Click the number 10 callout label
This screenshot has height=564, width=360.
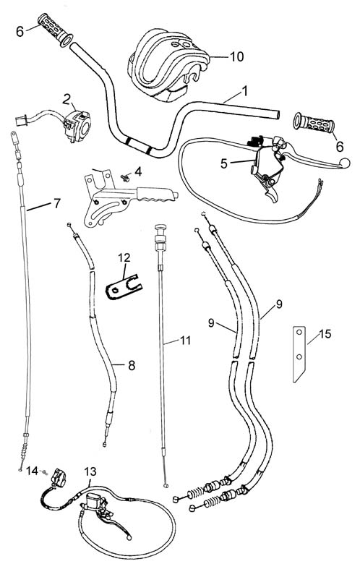(x=236, y=56)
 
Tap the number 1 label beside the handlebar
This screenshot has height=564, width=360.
(x=245, y=91)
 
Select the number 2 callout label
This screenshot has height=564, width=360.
(x=67, y=99)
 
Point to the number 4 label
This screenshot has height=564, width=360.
(x=138, y=171)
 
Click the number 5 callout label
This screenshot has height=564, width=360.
(x=224, y=163)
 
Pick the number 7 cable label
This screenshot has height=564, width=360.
(x=57, y=203)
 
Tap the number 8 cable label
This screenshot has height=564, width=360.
(x=132, y=365)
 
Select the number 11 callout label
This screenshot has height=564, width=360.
(x=185, y=340)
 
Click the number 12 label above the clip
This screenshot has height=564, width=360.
(x=124, y=257)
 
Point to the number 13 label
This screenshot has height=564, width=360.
(x=90, y=471)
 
